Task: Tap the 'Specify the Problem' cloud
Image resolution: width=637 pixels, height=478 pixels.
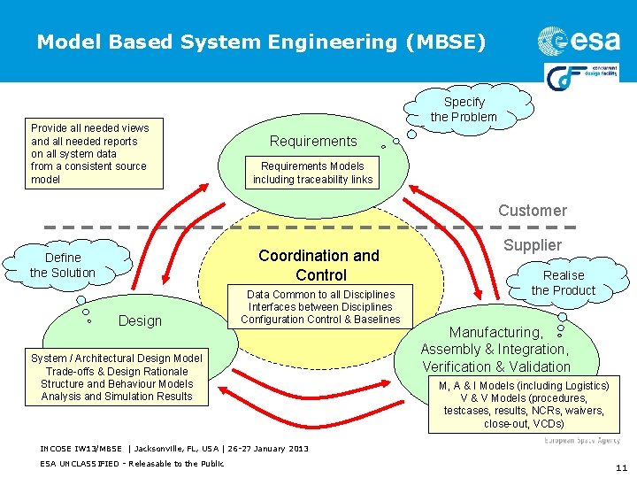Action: [x=464, y=109]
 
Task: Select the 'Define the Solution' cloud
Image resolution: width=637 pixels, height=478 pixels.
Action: [x=62, y=265]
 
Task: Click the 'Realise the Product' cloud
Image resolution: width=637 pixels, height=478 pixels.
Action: [x=564, y=282]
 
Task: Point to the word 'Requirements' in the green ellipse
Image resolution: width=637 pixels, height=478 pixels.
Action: [x=313, y=141]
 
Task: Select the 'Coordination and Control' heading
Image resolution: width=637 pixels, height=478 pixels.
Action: [x=318, y=265]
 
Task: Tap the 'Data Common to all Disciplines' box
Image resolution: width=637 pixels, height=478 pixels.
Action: [x=320, y=306]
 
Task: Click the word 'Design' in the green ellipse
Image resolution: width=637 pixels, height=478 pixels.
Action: [x=140, y=320]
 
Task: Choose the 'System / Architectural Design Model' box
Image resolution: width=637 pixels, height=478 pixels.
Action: [x=117, y=377]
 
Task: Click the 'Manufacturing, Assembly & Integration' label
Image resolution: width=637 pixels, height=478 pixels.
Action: [x=496, y=349]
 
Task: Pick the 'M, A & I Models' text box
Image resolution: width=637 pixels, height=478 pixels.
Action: [x=524, y=405]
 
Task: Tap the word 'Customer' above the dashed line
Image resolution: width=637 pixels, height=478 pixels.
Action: [x=532, y=210]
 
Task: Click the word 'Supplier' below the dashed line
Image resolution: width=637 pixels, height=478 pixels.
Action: [x=533, y=244]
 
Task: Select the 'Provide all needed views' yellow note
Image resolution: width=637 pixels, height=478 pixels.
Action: [x=88, y=153]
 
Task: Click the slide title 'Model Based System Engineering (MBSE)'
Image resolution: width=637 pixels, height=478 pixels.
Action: [x=261, y=42]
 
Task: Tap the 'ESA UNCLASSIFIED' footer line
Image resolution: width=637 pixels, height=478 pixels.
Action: [x=132, y=463]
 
